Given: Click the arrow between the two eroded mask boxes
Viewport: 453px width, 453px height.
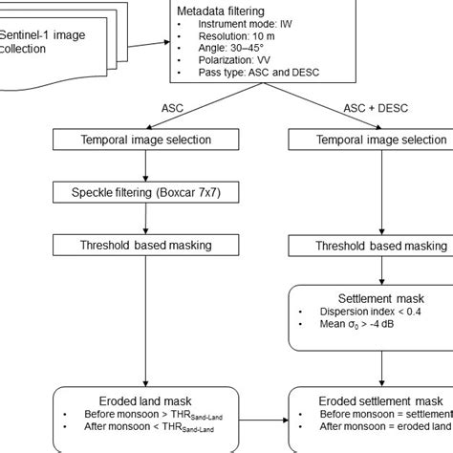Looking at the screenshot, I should coord(270,419).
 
